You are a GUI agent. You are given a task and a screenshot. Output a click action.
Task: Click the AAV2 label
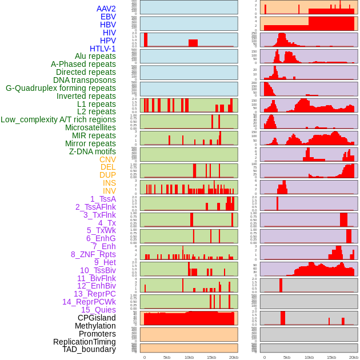[x=106, y=9]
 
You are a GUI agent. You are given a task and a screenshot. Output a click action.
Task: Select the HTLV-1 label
[x=103, y=49]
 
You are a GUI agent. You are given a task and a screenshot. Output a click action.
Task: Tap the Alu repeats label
[x=95, y=56]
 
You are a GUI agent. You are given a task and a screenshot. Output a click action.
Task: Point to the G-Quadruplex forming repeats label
[x=61, y=88]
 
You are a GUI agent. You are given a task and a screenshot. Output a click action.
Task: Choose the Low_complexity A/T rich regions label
[x=58, y=119]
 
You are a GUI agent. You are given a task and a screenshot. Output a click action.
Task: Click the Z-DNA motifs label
[x=93, y=151]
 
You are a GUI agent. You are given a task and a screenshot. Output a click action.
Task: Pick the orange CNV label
[x=107, y=159]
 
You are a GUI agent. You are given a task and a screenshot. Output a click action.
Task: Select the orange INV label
[x=109, y=191]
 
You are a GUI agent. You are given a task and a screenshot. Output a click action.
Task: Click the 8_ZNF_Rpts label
[x=93, y=254]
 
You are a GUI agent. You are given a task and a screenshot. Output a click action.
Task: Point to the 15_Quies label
[x=98, y=310]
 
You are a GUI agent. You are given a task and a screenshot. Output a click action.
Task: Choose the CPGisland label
[x=97, y=318]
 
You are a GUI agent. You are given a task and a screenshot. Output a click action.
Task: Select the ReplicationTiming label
[x=85, y=342]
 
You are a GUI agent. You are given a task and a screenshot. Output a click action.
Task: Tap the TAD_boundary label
[x=89, y=349]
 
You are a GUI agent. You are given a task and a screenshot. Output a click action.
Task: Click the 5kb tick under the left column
[x=167, y=357]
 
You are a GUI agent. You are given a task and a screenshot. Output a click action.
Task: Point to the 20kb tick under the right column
[x=353, y=357]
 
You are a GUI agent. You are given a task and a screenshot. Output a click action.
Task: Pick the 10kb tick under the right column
[x=309, y=357]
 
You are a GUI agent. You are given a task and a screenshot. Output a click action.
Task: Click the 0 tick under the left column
[x=144, y=357]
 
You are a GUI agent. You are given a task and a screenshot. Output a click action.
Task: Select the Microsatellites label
[x=90, y=127]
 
